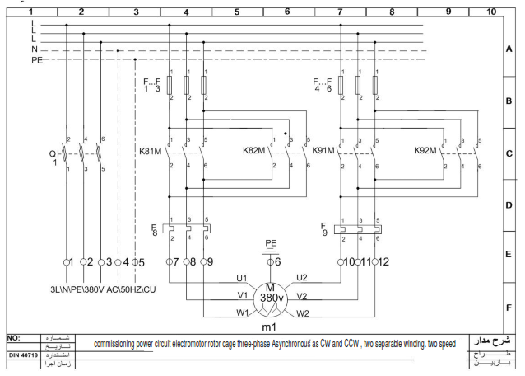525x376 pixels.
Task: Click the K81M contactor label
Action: [x=151, y=151]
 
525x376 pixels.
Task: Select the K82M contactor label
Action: [x=255, y=151]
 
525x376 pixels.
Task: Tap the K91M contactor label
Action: [x=324, y=151]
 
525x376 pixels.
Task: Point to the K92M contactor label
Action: [x=427, y=151]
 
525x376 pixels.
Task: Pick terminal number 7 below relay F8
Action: [x=172, y=261]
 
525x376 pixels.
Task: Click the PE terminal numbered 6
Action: [x=278, y=261]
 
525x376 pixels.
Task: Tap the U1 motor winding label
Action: [x=241, y=278]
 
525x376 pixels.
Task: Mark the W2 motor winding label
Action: [x=304, y=313]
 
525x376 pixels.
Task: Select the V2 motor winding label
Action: [x=302, y=294]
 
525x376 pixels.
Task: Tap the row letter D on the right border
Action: [x=509, y=205]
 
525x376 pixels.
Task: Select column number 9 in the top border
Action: [x=448, y=12]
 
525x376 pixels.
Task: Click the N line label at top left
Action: [x=34, y=49]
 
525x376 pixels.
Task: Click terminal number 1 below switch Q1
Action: [x=71, y=261]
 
